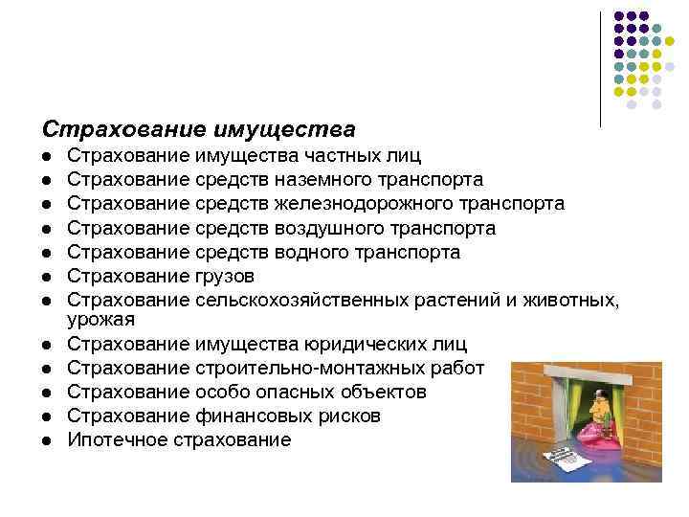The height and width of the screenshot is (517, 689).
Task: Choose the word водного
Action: pos(309,252)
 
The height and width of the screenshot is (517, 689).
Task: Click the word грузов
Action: pos(224,276)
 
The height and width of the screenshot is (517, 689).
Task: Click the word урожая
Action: pos(100,318)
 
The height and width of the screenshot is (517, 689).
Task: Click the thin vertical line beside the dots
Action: pos(600,67)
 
